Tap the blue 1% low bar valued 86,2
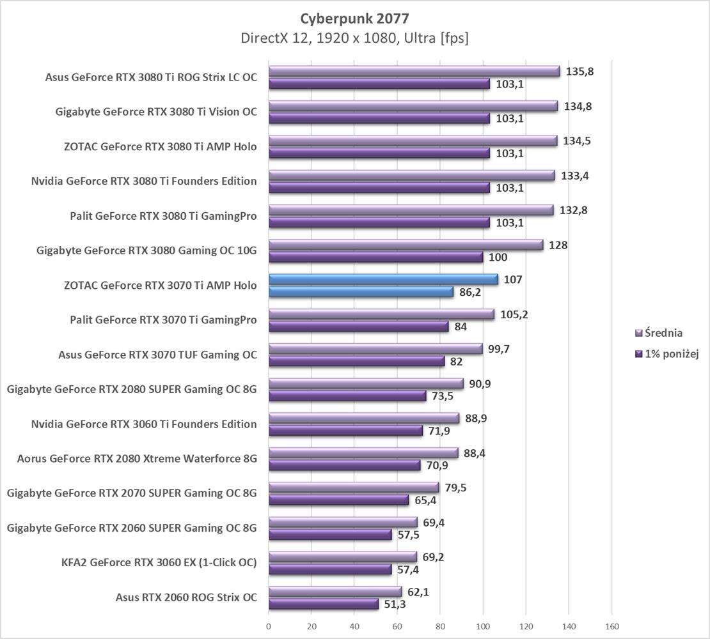[361, 292]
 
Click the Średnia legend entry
[659, 332]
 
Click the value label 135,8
[580, 72]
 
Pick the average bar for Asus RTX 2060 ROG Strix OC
[335, 592]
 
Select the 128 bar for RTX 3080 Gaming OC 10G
[406, 245]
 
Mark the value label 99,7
[502, 349]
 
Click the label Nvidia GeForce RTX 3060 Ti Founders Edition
[144, 424]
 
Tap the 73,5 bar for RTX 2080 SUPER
[347, 396]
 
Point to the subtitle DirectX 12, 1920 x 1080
[354, 38]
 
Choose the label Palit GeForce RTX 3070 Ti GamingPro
[163, 320]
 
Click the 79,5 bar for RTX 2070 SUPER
[354, 488]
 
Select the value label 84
[461, 327]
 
